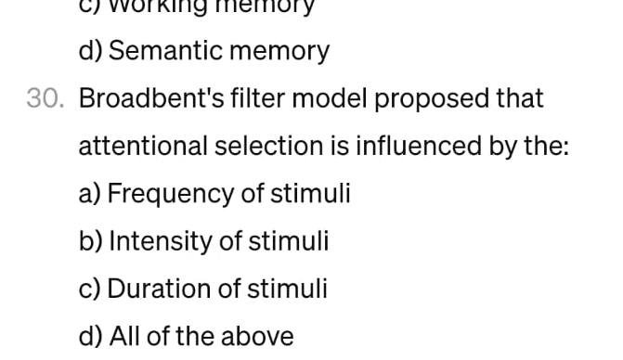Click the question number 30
45,98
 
